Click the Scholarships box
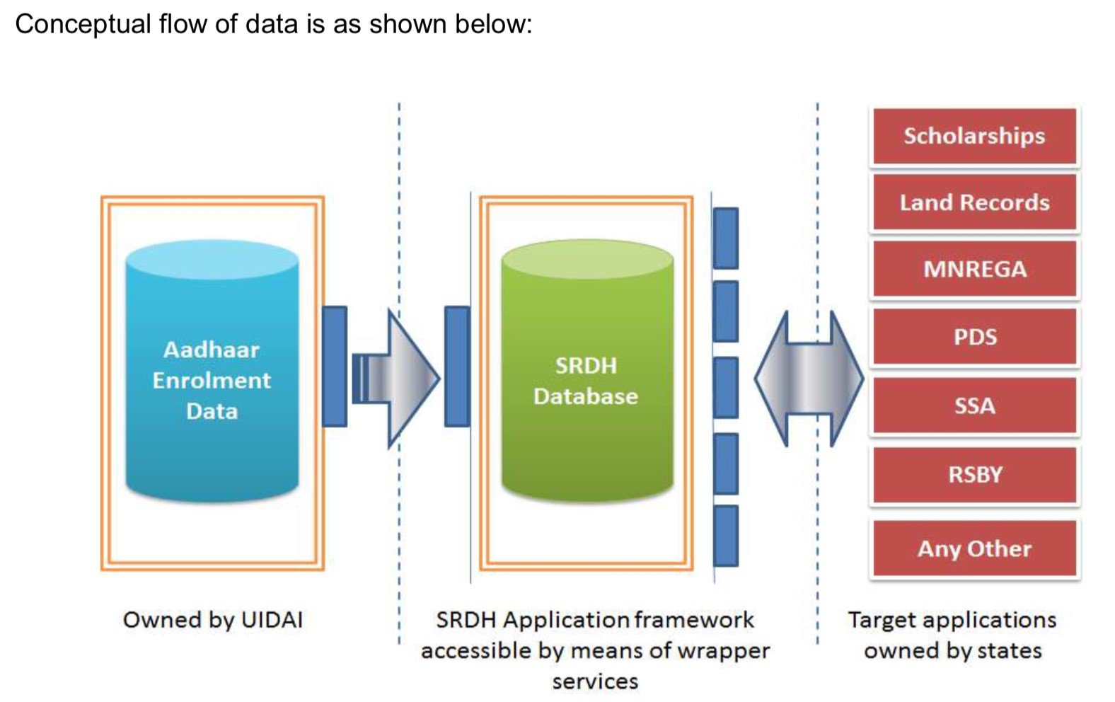(974, 136)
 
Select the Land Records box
(974, 202)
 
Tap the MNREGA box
(974, 269)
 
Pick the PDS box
(974, 337)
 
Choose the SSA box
(974, 405)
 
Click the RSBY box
(974, 474)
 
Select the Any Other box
(974, 548)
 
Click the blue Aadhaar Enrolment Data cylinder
(212, 375)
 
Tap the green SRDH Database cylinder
(587, 375)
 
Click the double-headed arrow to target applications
(809, 379)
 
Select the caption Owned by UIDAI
(212, 620)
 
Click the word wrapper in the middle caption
(727, 650)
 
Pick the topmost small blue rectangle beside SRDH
(726, 238)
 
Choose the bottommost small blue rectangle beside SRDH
(726, 536)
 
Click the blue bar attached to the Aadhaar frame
(335, 366)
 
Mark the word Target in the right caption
(882, 620)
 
